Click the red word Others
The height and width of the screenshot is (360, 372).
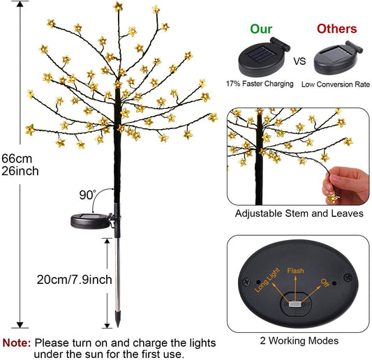(336, 29)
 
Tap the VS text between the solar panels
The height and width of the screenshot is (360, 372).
(299, 61)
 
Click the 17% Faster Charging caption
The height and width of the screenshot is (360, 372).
(260, 84)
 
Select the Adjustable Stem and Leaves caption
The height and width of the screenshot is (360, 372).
(299, 213)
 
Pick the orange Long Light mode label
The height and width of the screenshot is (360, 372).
(269, 278)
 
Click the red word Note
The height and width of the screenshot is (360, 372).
(16, 343)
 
